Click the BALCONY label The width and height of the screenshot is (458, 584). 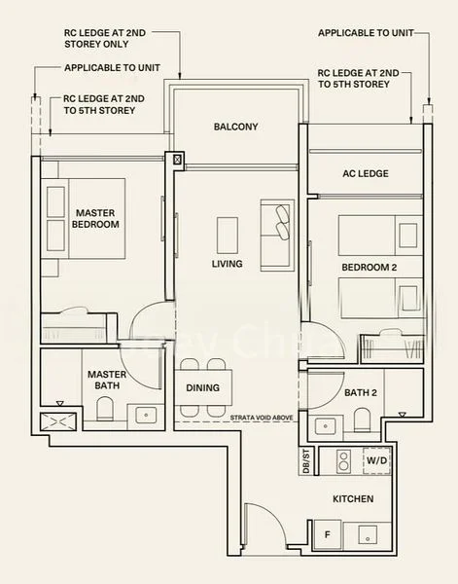click(236, 127)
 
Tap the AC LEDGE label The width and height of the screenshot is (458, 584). click(366, 173)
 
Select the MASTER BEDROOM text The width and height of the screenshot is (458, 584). click(96, 218)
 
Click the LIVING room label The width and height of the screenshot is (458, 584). click(227, 264)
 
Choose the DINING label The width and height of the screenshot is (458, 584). click(202, 387)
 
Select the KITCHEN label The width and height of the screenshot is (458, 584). click(352, 499)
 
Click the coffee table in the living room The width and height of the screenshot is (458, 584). click(228, 234)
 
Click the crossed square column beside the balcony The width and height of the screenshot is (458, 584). click(177, 160)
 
